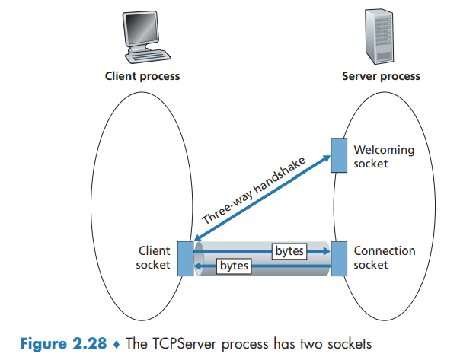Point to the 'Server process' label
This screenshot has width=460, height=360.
[381, 76]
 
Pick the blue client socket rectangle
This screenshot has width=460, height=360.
[185, 258]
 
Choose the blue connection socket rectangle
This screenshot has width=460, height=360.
[340, 257]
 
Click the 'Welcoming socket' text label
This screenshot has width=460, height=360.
[384, 156]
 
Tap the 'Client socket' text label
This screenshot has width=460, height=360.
[154, 258]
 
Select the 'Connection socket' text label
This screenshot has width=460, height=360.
[385, 258]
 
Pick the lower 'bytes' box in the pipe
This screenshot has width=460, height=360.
[235, 266]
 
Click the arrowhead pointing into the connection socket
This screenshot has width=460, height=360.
[325, 250]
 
